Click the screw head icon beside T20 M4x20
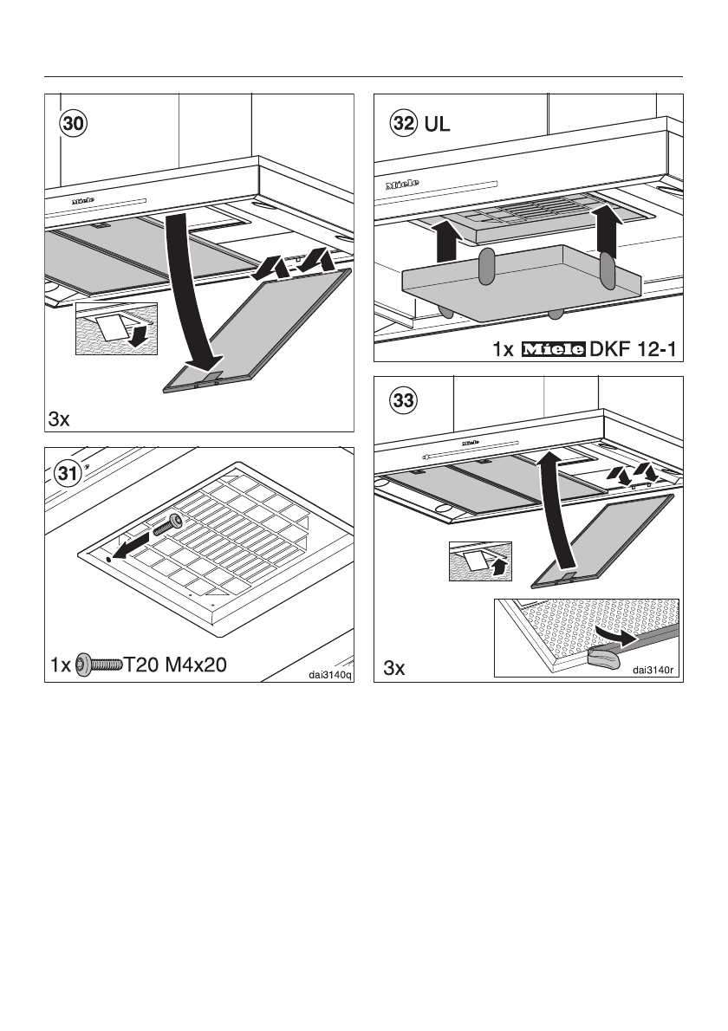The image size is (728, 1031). [84, 665]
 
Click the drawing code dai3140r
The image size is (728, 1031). [656, 669]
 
